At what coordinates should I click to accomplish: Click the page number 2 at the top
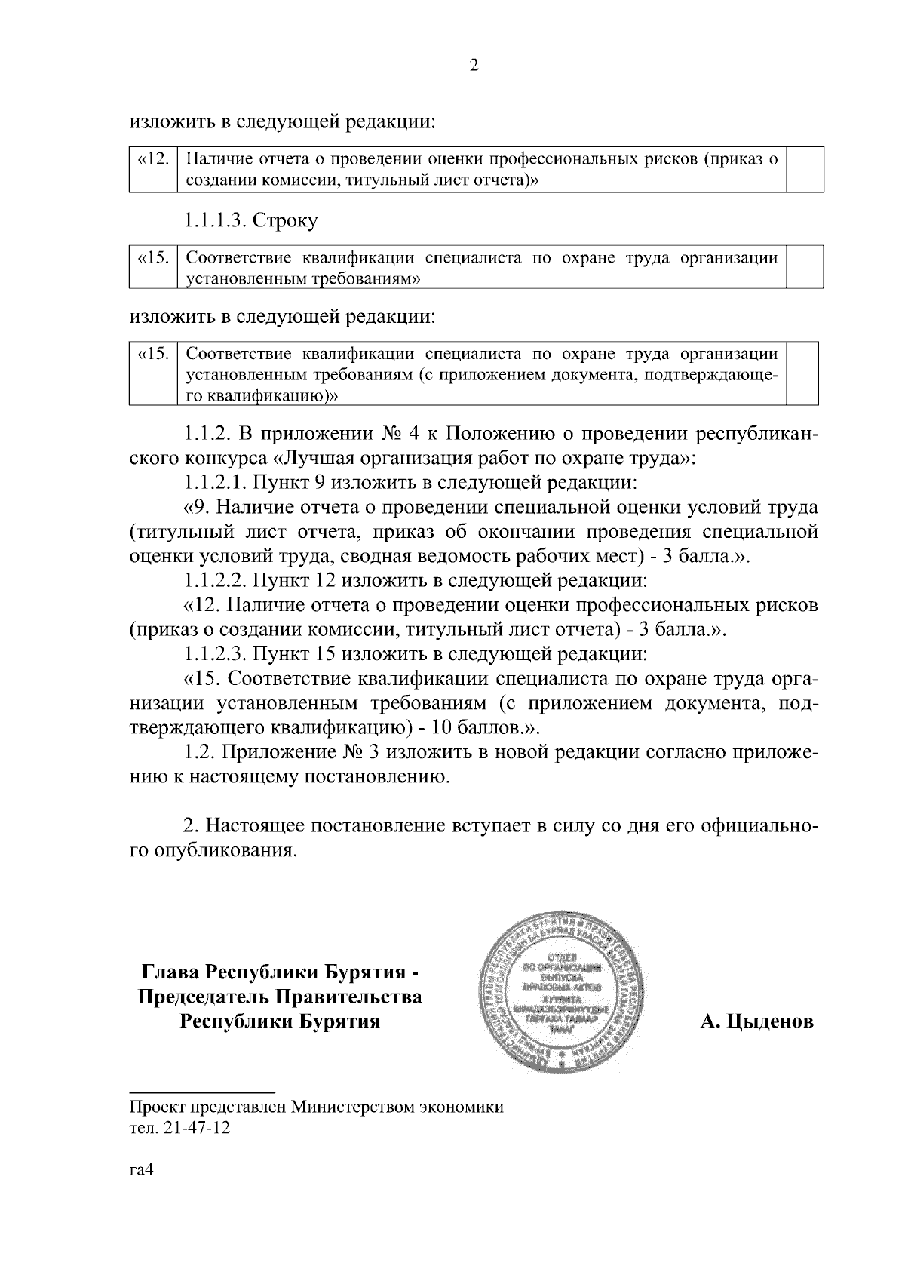coord(474,66)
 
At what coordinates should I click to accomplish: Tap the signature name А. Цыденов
coord(756,1022)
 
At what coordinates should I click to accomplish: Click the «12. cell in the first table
coord(153,159)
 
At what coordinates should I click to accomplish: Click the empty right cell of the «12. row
coord(805,170)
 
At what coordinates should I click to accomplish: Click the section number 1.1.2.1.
coord(214,482)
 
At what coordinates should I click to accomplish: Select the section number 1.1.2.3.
coord(215,655)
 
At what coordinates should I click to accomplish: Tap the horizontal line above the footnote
coord(201,1092)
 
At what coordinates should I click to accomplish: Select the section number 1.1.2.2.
coord(215,581)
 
